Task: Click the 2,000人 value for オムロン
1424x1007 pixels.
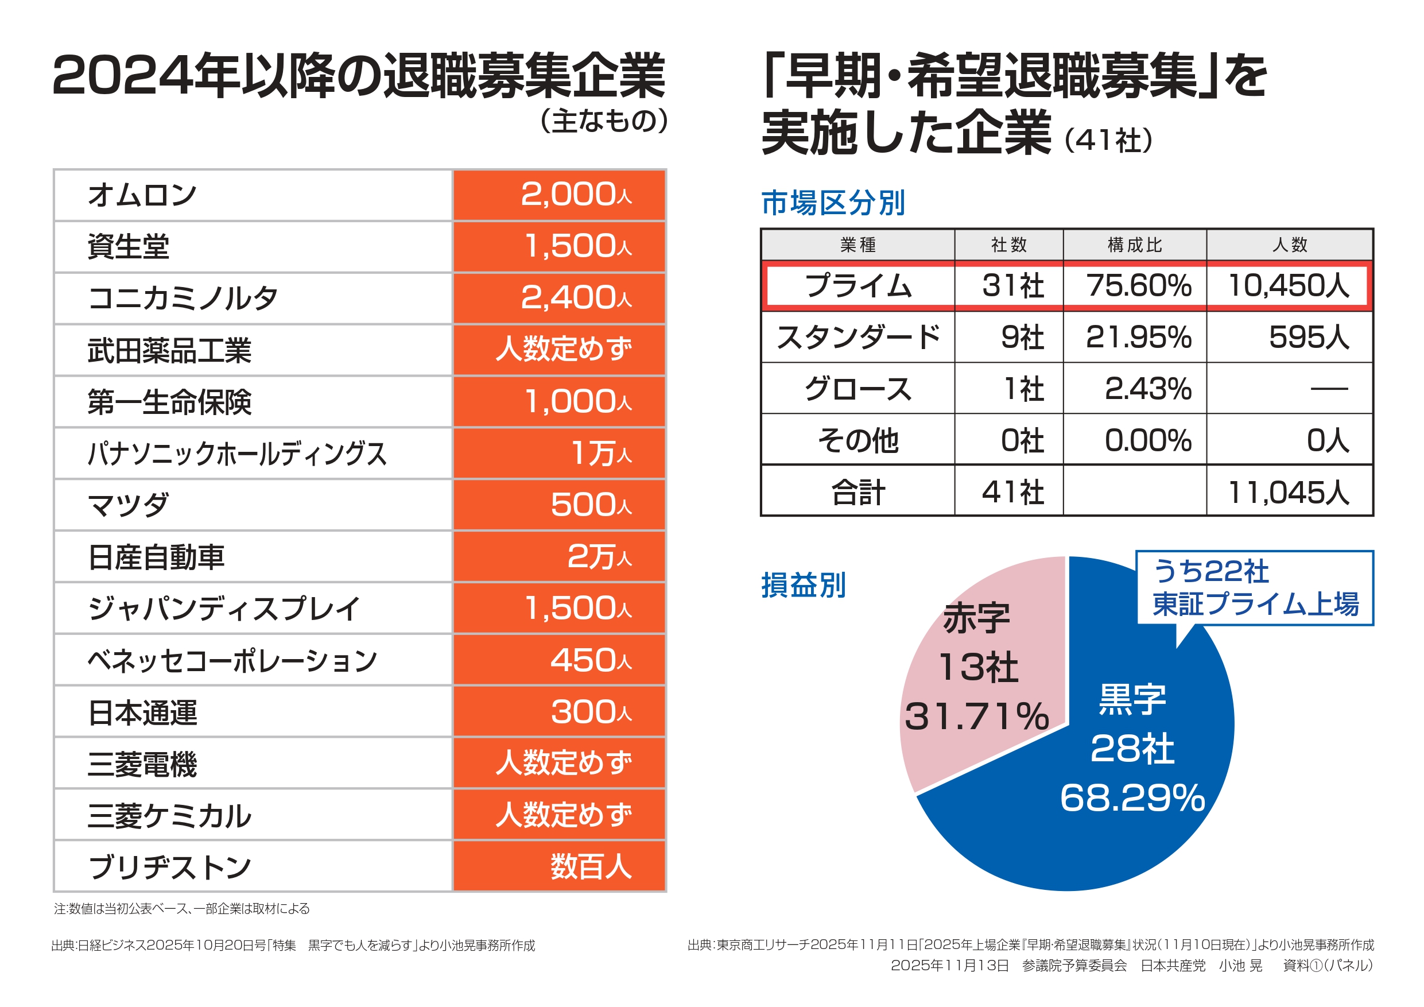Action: [x=576, y=195]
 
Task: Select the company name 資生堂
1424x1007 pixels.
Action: [x=129, y=246]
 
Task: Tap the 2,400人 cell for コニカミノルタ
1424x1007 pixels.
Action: [x=576, y=298]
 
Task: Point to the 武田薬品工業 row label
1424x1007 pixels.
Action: [x=169, y=350]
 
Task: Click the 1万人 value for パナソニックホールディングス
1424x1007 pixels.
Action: [x=600, y=453]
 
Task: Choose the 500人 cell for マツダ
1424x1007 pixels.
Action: [x=591, y=505]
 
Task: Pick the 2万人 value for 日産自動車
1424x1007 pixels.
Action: [x=599, y=556]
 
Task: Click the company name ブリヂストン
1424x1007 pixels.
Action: [x=169, y=867]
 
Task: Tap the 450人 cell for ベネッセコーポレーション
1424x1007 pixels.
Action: [x=591, y=660]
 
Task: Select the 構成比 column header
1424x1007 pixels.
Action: [x=1134, y=245]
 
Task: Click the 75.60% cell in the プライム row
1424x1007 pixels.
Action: [x=1139, y=286]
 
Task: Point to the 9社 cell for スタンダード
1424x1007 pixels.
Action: [x=1022, y=338]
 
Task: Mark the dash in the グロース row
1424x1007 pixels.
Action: [x=1329, y=389]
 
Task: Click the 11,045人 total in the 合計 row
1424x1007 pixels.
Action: [x=1288, y=493]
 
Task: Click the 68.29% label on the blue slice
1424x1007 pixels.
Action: [x=1132, y=798]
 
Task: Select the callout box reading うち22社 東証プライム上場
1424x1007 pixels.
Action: [x=1254, y=587]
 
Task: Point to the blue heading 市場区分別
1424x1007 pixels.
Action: [x=833, y=203]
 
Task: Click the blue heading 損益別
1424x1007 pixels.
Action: [x=803, y=585]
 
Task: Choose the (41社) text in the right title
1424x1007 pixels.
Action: [x=1108, y=140]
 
